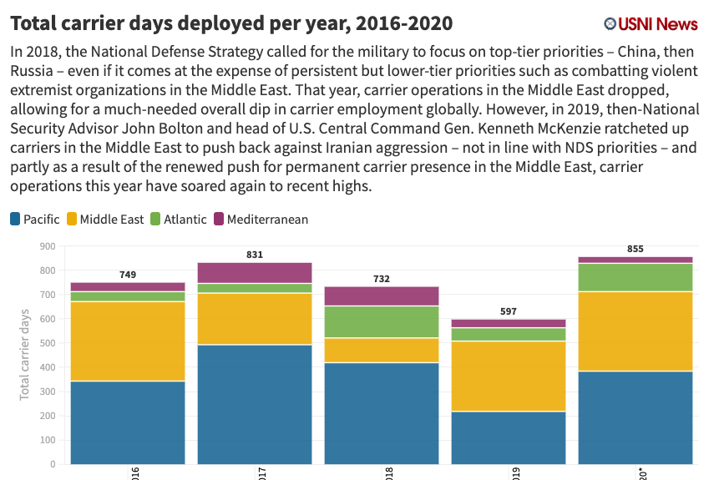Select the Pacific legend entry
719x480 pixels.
35,220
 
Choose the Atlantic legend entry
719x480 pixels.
177,220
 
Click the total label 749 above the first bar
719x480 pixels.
128,275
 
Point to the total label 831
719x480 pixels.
255,255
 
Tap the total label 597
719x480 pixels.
509,311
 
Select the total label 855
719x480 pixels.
635,249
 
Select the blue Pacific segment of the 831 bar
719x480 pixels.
255,404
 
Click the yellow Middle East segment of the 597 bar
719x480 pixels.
509,376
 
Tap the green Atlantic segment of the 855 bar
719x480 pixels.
635,277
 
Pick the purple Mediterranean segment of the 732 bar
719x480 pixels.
382,296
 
